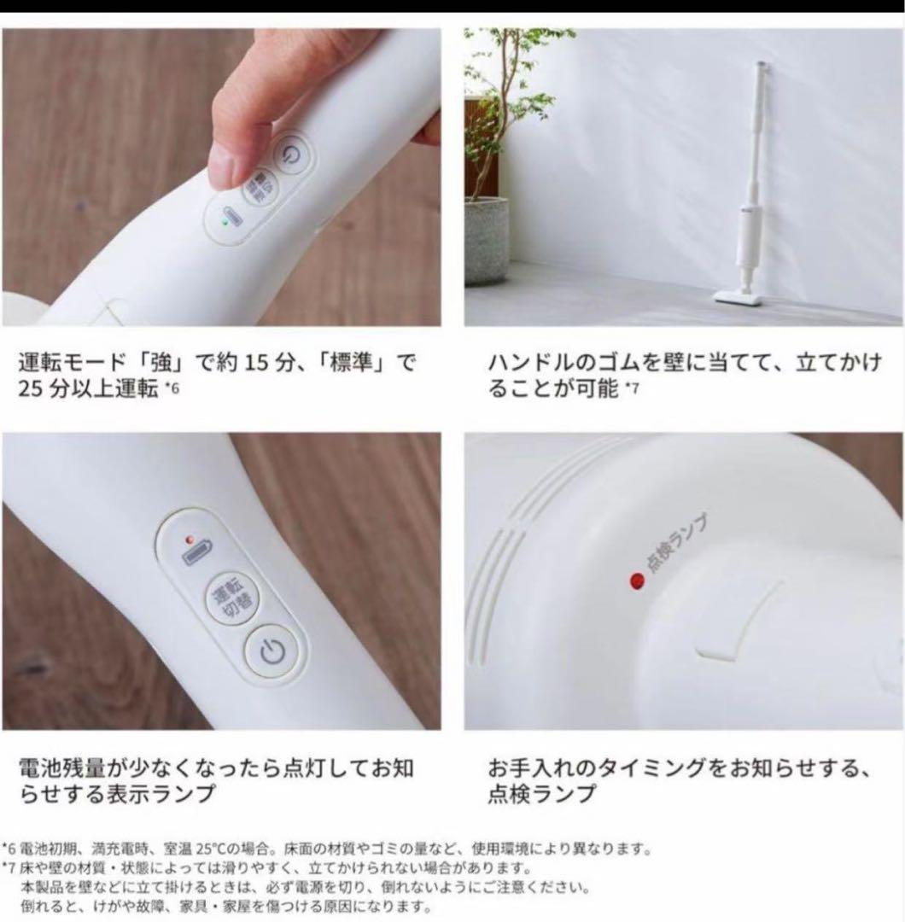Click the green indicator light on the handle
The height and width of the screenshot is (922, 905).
click(x=224, y=223)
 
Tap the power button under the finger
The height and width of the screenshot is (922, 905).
click(x=292, y=155)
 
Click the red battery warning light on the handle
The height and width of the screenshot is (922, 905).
click(x=190, y=539)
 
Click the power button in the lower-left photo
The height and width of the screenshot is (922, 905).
click(x=272, y=651)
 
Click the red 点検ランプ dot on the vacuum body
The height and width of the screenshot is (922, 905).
click(x=637, y=581)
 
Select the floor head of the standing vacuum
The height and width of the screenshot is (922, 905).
click(x=738, y=295)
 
